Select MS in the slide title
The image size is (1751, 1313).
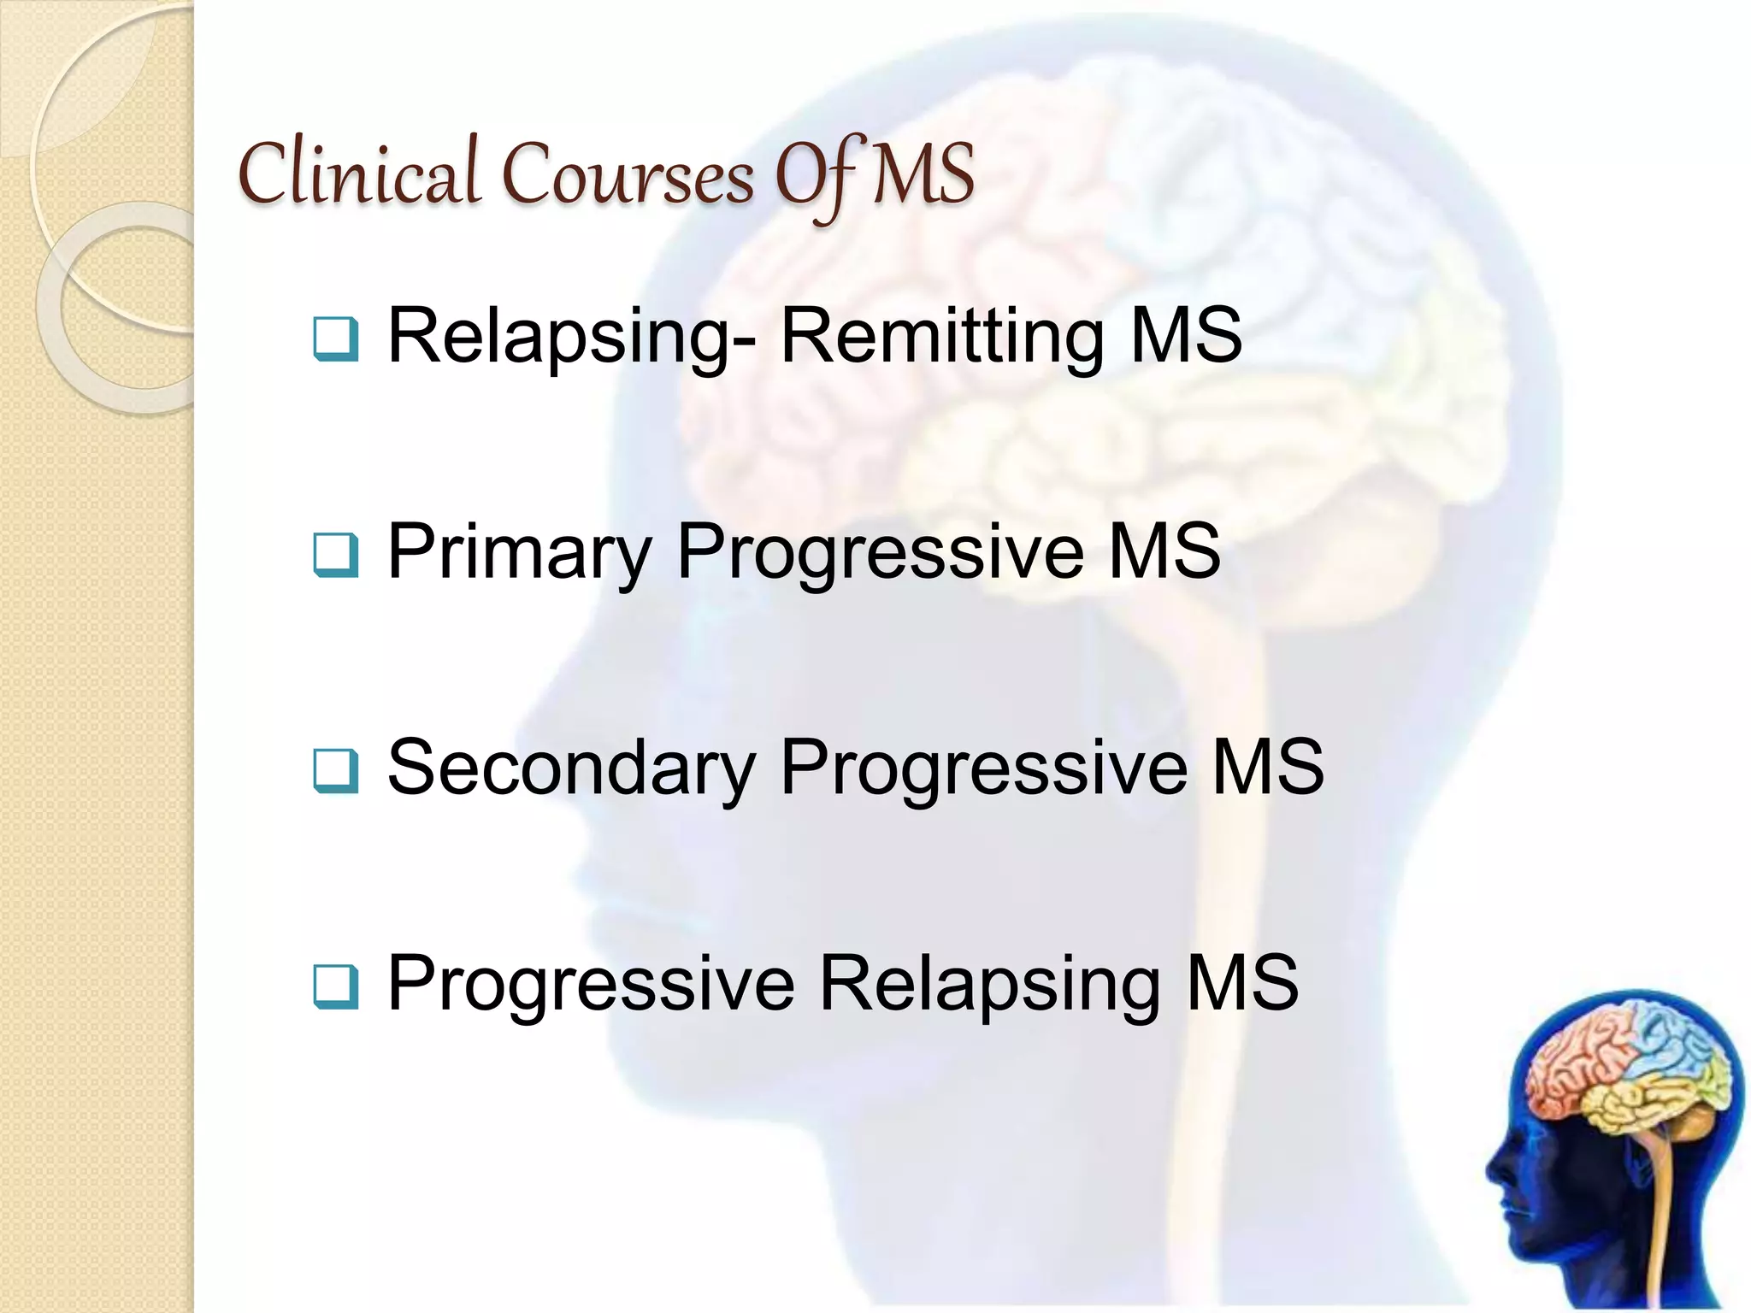coord(924,175)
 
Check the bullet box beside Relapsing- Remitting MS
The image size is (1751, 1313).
coord(335,339)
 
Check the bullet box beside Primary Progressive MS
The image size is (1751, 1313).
coord(335,555)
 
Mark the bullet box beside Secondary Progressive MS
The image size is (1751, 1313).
coord(335,770)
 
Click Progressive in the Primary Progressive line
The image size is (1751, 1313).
coord(880,553)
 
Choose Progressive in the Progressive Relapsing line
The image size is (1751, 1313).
coord(591,985)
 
